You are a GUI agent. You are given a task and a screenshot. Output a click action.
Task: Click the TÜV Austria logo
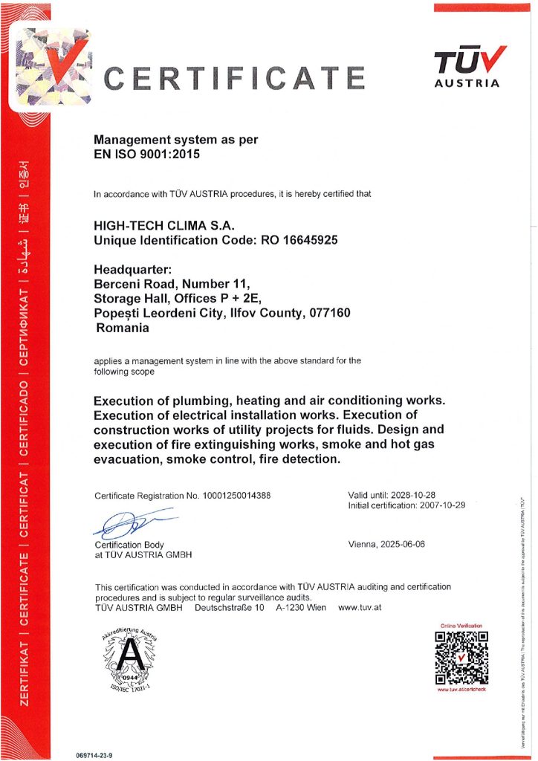[467, 68]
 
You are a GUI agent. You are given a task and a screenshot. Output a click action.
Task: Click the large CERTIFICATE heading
[234, 78]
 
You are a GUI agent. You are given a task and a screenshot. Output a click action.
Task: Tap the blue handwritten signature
[134, 522]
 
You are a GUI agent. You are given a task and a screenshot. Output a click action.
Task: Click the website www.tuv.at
[360, 608]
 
